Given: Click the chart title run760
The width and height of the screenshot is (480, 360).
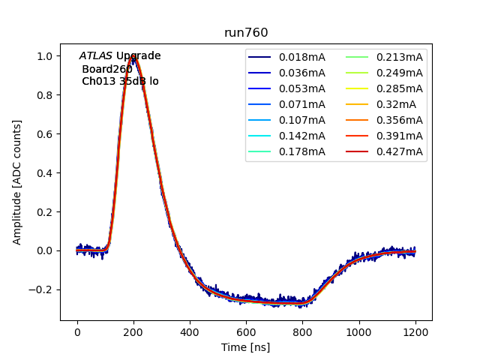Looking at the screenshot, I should (246, 33).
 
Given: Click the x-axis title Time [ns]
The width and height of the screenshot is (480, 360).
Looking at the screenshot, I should (245, 347).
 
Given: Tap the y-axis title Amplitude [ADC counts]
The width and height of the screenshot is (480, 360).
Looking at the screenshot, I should (17, 181).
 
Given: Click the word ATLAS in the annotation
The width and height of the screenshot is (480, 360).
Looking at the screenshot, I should (95, 56).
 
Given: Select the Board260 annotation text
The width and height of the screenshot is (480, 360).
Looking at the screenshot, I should (107, 69).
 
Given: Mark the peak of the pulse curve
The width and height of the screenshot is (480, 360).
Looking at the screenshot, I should (134, 55).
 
